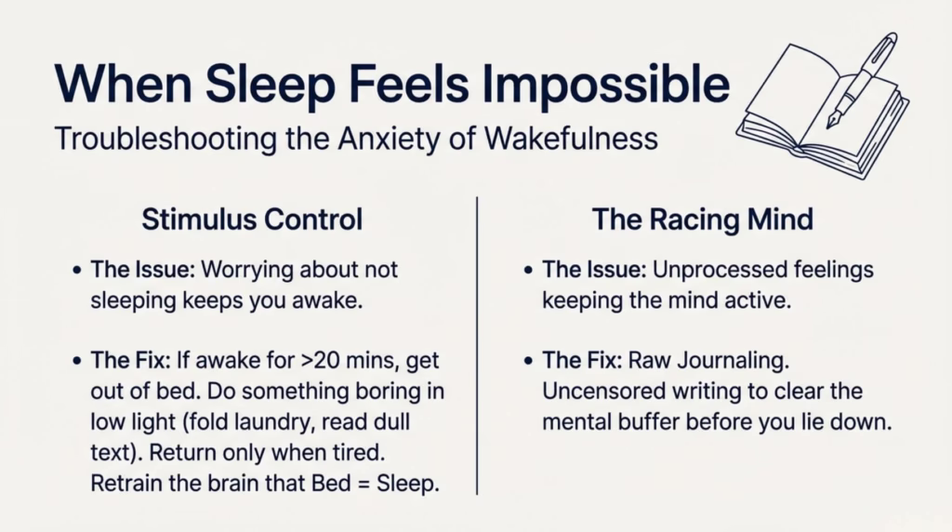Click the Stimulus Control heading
pos(252,220)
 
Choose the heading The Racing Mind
pos(702,220)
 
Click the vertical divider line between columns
pos(477,344)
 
